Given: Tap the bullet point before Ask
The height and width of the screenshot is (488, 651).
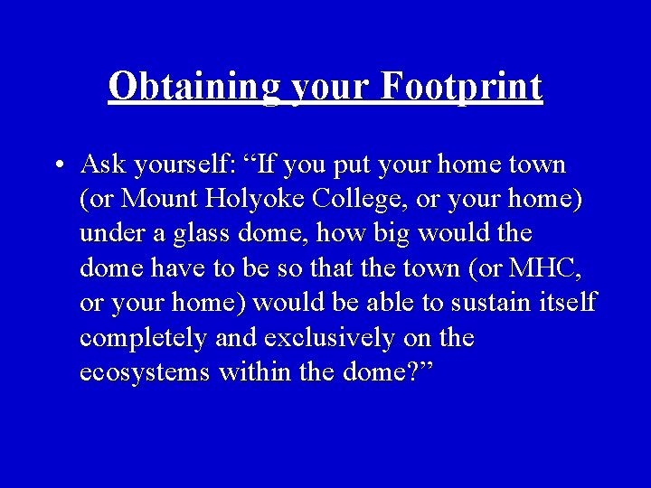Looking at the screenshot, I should [x=57, y=166].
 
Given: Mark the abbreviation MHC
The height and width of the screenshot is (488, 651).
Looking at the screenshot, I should [x=543, y=268].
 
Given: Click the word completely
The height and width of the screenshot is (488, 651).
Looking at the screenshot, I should [x=142, y=338].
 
